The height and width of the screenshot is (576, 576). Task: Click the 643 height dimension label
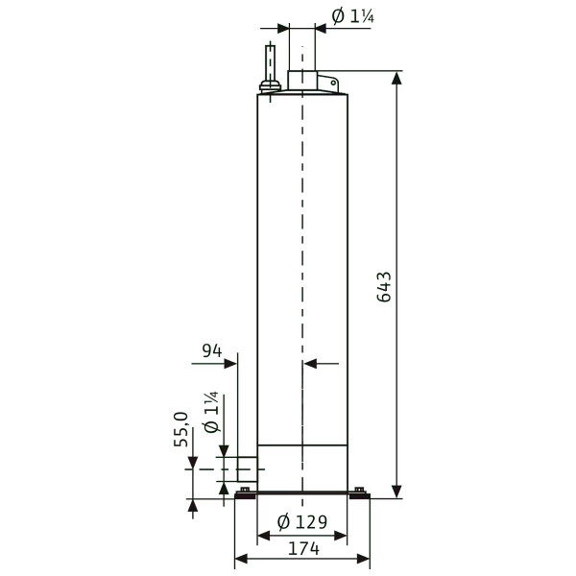point(384,287)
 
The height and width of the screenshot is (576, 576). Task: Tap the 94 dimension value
point(212,350)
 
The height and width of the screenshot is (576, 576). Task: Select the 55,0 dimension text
point(181,429)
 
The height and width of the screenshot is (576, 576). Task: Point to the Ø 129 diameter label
point(302,522)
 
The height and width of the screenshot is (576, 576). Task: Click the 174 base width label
point(303,549)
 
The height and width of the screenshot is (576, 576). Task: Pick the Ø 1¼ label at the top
point(353,16)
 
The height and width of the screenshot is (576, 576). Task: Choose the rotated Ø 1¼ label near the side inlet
point(211,412)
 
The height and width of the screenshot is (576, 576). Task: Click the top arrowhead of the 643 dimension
point(396,78)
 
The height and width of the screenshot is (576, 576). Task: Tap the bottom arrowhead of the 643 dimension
point(396,492)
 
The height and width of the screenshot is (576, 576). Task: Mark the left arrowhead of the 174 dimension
point(241,559)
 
